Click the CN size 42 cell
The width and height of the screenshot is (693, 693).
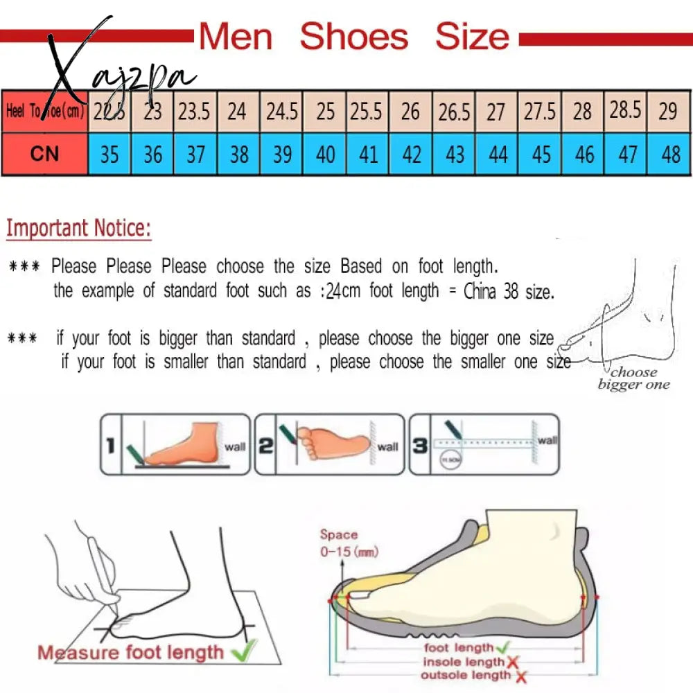[412, 154]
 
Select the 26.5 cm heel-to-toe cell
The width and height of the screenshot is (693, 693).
[455, 112]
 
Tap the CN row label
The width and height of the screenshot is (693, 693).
[44, 153]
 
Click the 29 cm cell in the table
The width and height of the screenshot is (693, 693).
[668, 111]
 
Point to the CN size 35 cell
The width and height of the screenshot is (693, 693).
[109, 154]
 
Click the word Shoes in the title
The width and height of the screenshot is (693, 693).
[353, 36]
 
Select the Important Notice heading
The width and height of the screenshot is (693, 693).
[78, 228]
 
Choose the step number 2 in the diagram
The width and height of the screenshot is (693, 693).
[265, 445]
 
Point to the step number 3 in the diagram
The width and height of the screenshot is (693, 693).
[420, 445]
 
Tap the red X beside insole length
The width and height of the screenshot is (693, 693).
[513, 662]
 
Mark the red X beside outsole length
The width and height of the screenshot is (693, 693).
[520, 676]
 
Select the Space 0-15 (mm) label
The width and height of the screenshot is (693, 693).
[344, 543]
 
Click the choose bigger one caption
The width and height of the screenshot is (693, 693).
[633, 378]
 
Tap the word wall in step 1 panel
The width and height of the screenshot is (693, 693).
[235, 447]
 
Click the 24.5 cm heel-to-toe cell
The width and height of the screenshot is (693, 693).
[281, 112]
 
